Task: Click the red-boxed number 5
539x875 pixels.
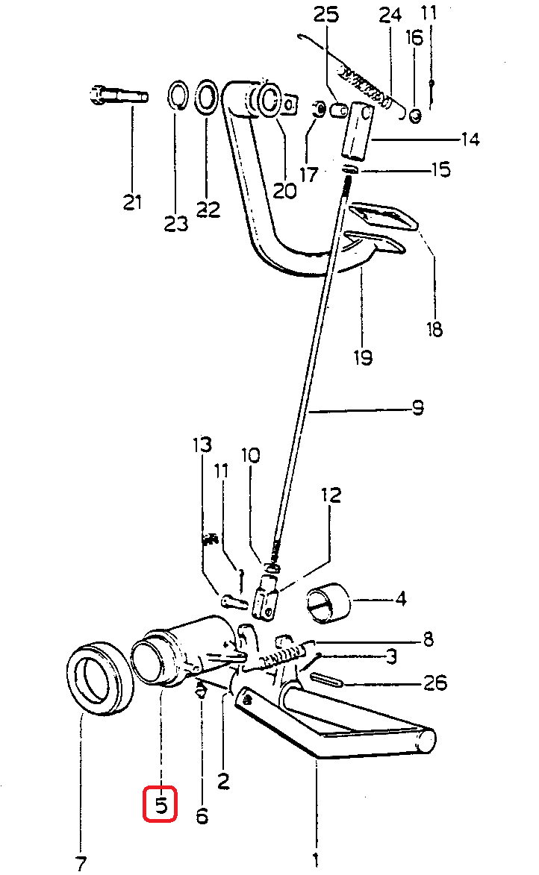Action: [161, 805]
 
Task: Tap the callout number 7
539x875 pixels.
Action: [81, 863]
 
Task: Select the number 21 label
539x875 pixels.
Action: [132, 201]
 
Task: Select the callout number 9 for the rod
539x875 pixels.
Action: [417, 408]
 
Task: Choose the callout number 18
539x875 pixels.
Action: [434, 329]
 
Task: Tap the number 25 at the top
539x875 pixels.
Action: [325, 14]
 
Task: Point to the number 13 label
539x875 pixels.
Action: [203, 445]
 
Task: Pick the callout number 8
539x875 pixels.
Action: [429, 639]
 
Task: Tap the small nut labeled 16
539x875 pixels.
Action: [415, 116]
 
